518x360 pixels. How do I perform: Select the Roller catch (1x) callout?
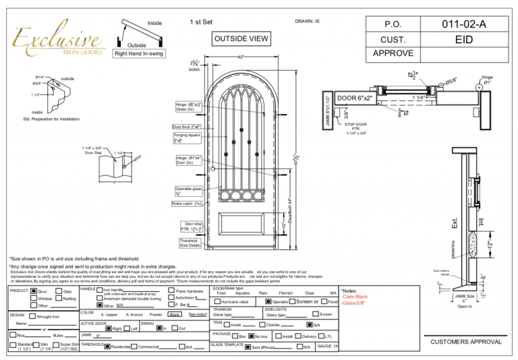[x=193, y=202]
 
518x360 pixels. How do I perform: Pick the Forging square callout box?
[x=188, y=138]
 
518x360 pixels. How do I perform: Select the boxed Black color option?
[x=174, y=314]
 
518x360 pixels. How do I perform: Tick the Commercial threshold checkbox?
[x=134, y=347]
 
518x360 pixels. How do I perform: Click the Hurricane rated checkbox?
[x=217, y=301]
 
